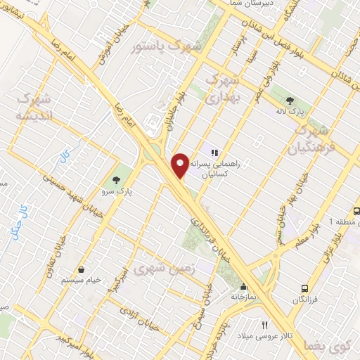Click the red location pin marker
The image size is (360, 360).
point(181,165)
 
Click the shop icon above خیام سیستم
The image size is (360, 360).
point(82,269)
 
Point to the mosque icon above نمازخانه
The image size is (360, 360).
point(243,286)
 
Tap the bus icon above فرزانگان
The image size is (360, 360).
point(304,288)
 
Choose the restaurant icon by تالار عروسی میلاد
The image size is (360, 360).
point(264,325)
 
